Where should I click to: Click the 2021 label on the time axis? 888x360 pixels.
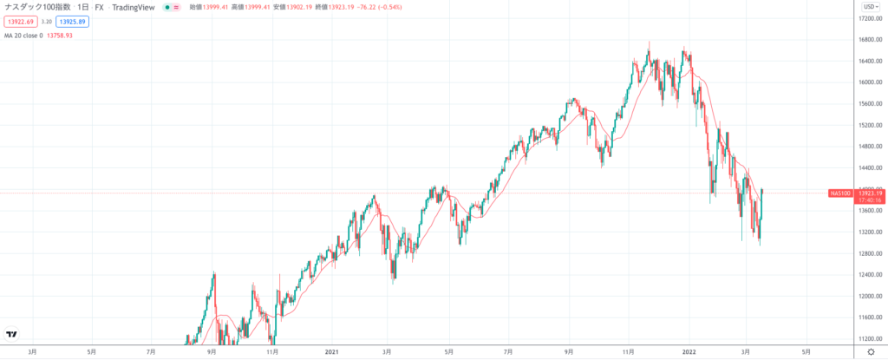click(330, 351)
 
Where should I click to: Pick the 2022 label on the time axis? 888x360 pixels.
click(687, 351)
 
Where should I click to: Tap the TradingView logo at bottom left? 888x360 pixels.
click(12, 334)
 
